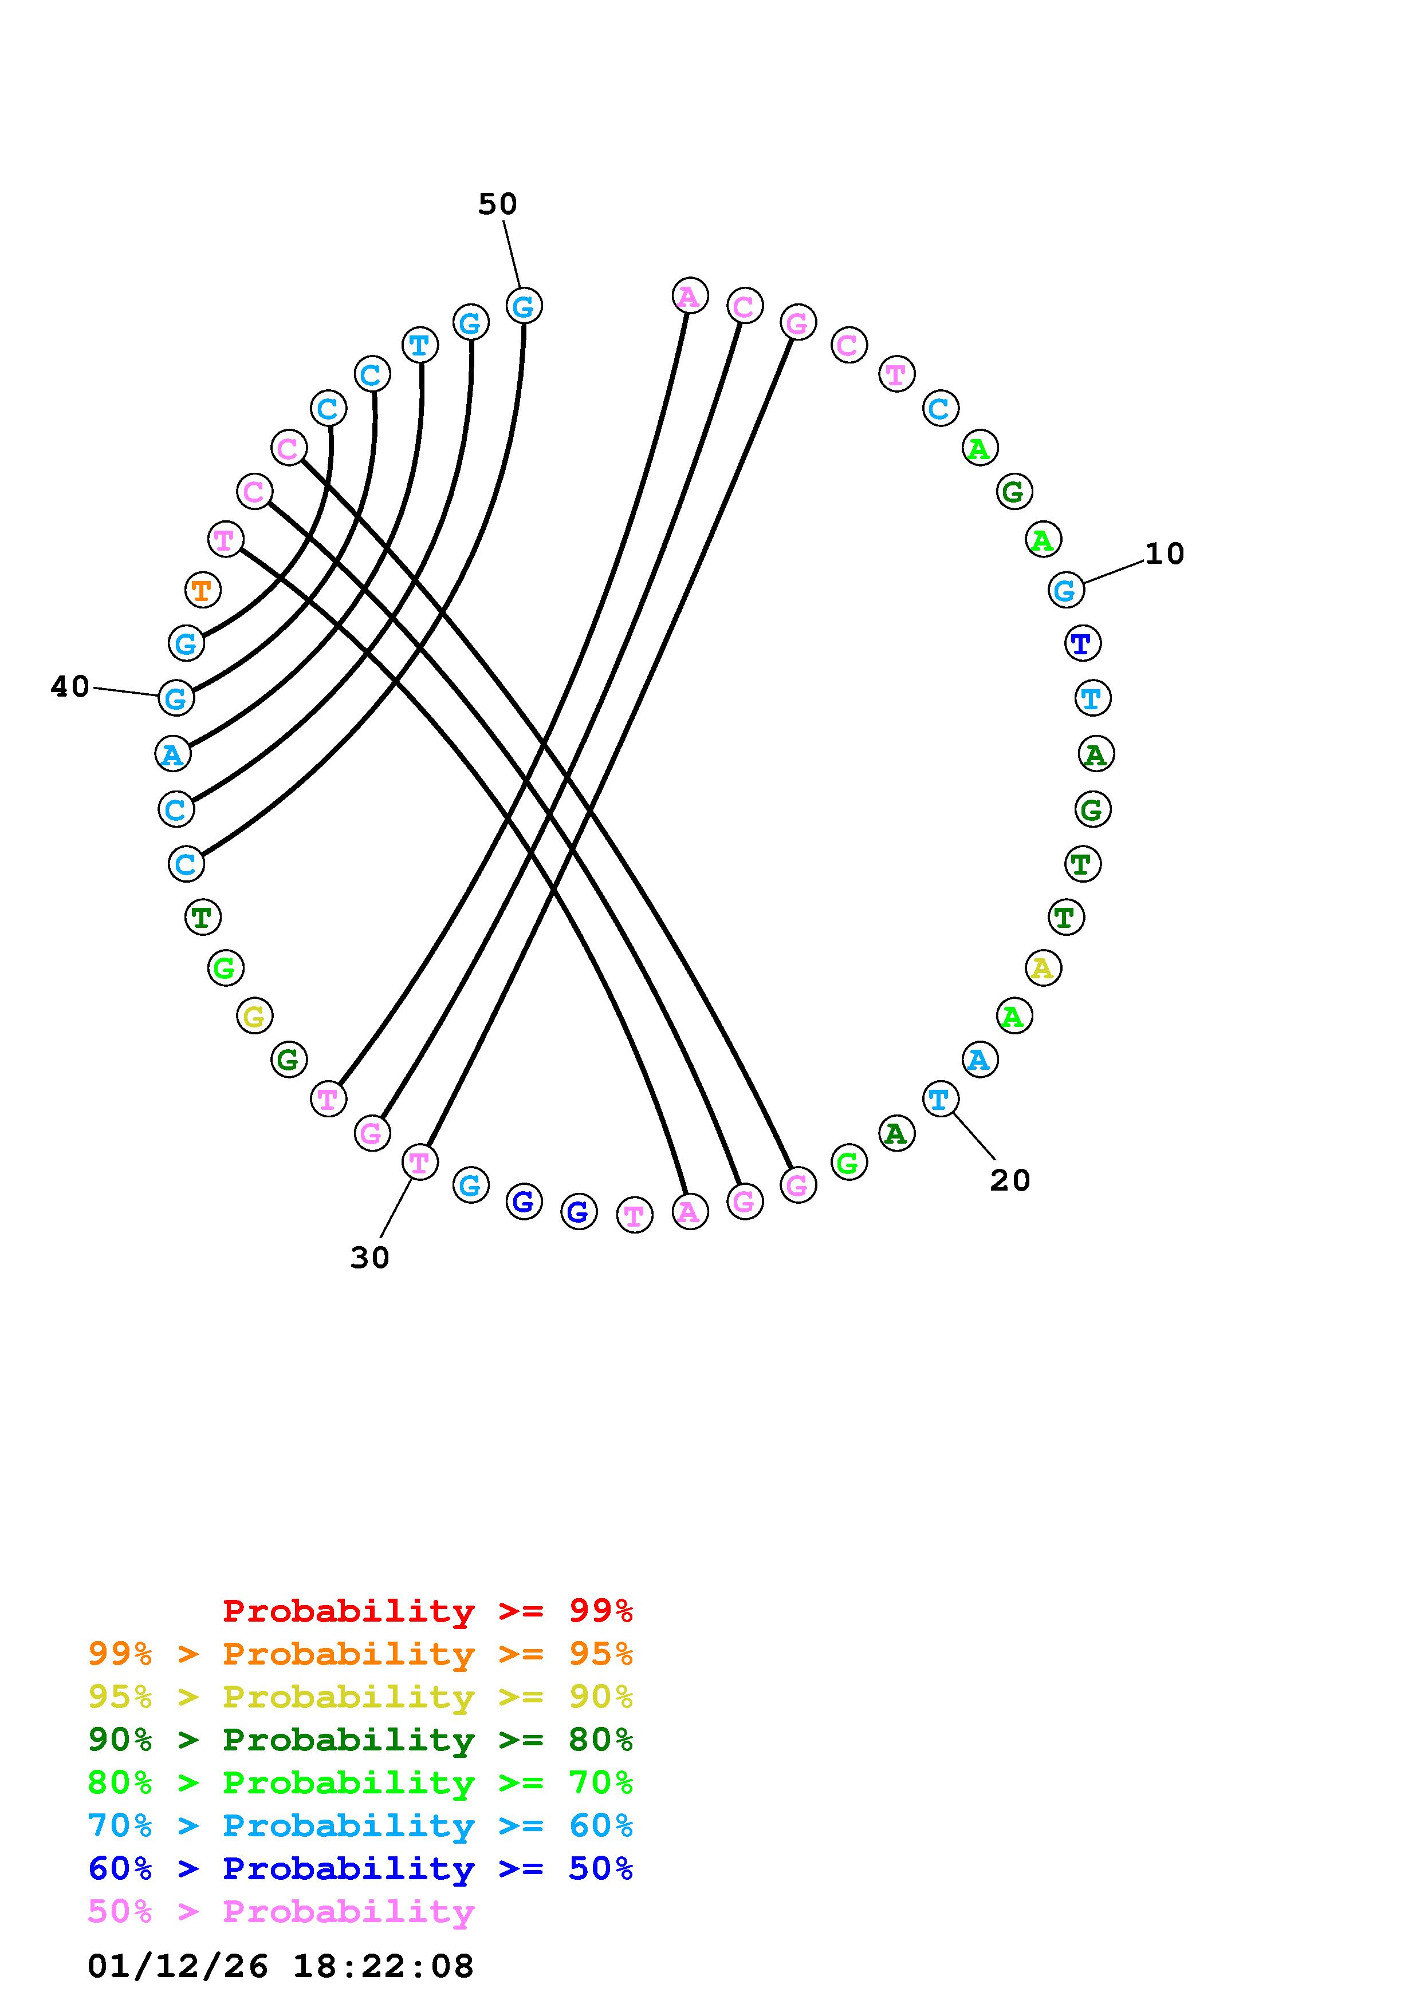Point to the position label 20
pyautogui.click(x=1010, y=1181)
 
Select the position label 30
pyautogui.click(x=369, y=1258)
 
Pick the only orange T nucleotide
pyautogui.click(x=202, y=590)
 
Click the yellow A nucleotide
pyautogui.click(x=1042, y=968)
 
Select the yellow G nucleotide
pyautogui.click(x=254, y=1016)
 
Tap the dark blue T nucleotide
pyautogui.click(x=1082, y=644)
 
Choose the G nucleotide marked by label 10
pyautogui.click(x=1065, y=590)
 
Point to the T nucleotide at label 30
pyautogui.click(x=419, y=1163)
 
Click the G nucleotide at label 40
pyautogui.click(x=176, y=698)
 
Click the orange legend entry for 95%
pyautogui.click(x=360, y=1654)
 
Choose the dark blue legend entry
pyautogui.click(x=360, y=1869)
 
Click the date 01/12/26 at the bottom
pyautogui.click(x=178, y=1967)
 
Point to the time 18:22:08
pyautogui.click(x=383, y=1967)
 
